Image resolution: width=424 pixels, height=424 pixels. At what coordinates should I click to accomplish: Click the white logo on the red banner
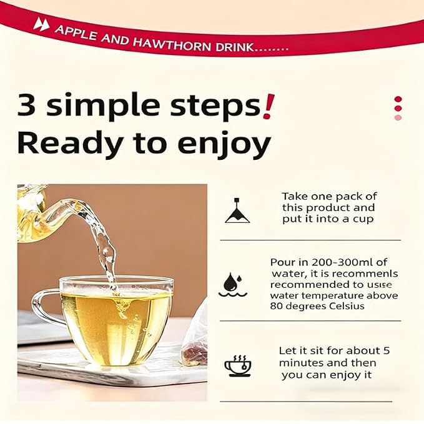[x=41, y=24]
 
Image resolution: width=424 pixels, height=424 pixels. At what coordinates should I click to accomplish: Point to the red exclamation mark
[x=269, y=106]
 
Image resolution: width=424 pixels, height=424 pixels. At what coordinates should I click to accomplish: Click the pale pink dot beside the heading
[x=398, y=117]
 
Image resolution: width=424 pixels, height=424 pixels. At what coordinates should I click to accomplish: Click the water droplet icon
[x=232, y=285]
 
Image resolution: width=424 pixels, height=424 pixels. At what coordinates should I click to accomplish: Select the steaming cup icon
[x=238, y=366]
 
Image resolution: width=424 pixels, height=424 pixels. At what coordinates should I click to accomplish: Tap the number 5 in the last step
[x=387, y=351]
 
